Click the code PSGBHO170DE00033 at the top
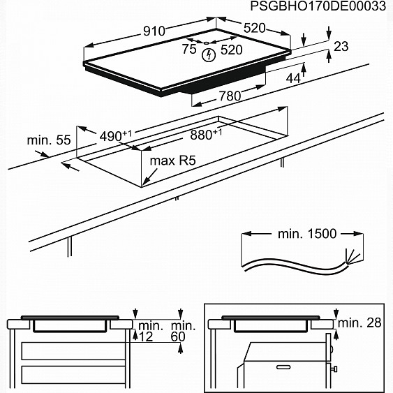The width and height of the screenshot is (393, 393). click(x=318, y=6)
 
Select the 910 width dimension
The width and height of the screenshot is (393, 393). click(x=154, y=31)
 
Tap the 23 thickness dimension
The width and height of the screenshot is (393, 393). click(x=341, y=46)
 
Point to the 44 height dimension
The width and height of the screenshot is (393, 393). click(x=293, y=79)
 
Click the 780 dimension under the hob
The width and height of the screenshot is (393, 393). click(x=230, y=96)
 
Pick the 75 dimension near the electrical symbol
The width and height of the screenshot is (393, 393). click(x=189, y=49)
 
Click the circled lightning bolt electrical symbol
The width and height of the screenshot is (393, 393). click(x=209, y=55)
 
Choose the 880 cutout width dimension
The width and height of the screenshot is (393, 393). click(x=206, y=135)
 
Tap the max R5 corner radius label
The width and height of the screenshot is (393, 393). click(x=172, y=161)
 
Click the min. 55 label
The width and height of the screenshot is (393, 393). click(x=49, y=140)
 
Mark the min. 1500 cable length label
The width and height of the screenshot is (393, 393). click(x=307, y=234)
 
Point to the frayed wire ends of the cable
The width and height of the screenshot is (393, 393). click(x=353, y=256)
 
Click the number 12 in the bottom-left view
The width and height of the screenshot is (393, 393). click(x=146, y=336)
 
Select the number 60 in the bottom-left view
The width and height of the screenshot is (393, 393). click(x=178, y=336)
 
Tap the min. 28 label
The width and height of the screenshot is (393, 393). click(x=359, y=322)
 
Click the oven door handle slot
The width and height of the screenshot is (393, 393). click(x=283, y=367)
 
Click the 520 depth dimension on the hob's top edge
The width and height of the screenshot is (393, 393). click(x=254, y=28)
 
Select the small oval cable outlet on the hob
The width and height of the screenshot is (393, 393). click(x=207, y=43)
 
